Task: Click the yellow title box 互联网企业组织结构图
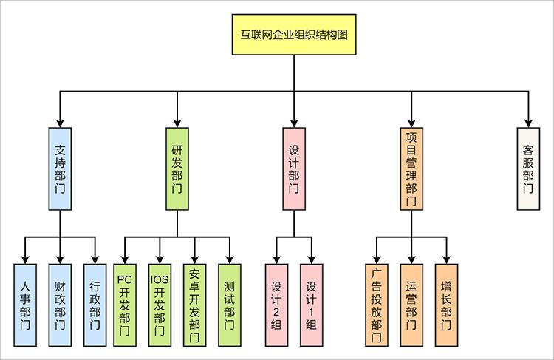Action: (294, 35)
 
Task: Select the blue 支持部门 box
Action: (60, 168)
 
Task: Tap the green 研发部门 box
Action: (177, 168)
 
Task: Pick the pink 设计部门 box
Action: (293, 168)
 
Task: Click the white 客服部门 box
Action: (527, 168)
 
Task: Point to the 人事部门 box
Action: (26, 305)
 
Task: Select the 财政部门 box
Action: (60, 305)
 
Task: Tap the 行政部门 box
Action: (95, 305)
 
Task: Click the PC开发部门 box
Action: (125, 305)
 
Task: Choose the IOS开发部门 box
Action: (160, 305)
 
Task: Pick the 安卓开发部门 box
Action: (194, 305)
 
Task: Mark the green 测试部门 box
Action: (229, 305)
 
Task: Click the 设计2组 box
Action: (276, 305)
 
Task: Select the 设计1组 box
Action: (311, 305)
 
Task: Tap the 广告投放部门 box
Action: (377, 305)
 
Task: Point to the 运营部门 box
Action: (411, 305)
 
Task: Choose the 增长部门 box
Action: (446, 305)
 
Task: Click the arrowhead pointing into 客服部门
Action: (527, 122)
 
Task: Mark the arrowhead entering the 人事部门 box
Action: (26, 259)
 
